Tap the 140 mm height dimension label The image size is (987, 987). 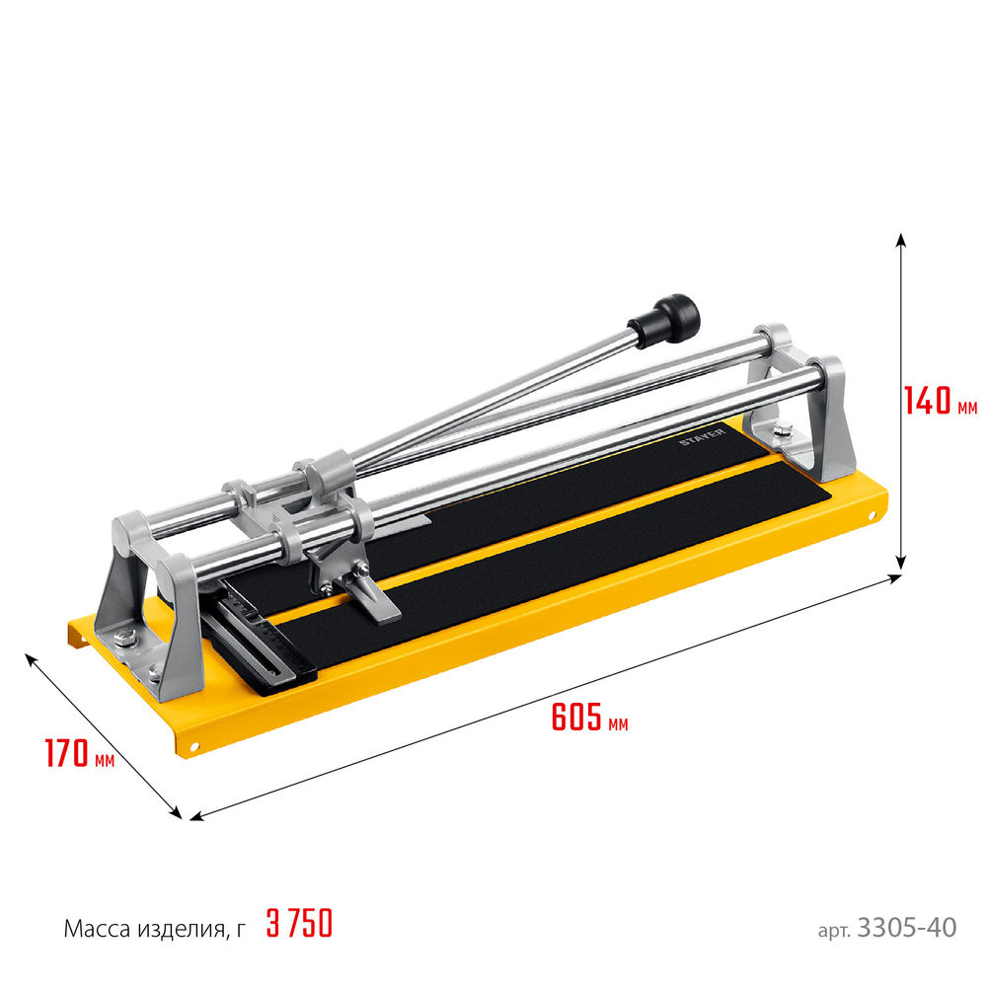tap(941, 400)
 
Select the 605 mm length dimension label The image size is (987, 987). tap(588, 719)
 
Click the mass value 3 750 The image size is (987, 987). tap(299, 925)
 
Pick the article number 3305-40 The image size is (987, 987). tap(907, 928)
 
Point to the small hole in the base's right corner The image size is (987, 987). tap(873, 515)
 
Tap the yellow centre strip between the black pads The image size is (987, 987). tap(553, 538)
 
